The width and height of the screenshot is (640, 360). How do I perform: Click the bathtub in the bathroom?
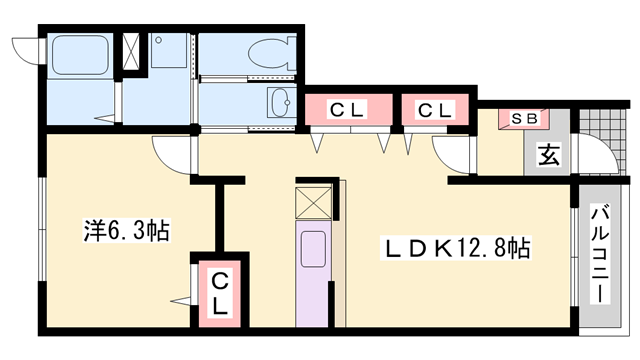[80, 55]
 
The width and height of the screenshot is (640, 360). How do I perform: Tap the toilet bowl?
[272, 53]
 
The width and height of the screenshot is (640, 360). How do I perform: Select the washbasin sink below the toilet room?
[280, 102]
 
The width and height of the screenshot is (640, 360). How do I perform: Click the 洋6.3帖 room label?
[127, 231]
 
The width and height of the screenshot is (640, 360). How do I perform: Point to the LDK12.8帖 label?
[456, 248]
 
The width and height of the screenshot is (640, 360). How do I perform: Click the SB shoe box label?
[524, 118]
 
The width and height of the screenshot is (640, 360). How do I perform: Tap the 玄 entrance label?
[548, 155]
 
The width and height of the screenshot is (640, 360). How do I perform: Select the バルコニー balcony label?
[600, 255]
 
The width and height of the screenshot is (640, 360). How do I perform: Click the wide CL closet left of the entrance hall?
[349, 109]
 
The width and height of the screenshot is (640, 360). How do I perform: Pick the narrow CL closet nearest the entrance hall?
[435, 109]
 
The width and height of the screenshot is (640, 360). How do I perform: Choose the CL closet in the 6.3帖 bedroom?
[220, 294]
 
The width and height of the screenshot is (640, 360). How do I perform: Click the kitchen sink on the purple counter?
[313, 249]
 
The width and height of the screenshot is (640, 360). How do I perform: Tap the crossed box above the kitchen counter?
[313, 202]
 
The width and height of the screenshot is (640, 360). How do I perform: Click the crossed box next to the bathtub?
[131, 52]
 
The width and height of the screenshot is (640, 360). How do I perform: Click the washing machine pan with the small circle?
[169, 51]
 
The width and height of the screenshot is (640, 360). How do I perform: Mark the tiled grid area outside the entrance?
[602, 135]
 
